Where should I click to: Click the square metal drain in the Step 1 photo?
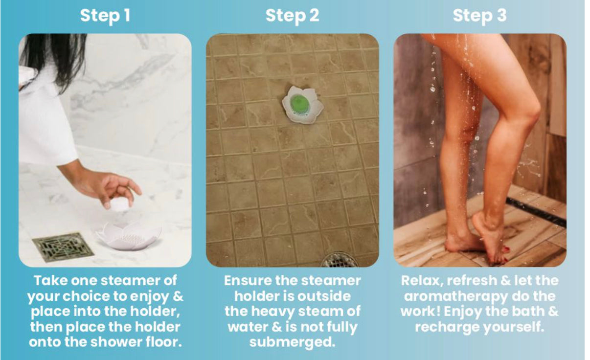(63, 247)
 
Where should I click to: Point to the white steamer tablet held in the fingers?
(119, 203)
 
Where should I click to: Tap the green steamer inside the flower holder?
(300, 103)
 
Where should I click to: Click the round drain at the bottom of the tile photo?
(340, 260)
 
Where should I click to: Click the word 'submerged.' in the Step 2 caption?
(293, 342)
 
